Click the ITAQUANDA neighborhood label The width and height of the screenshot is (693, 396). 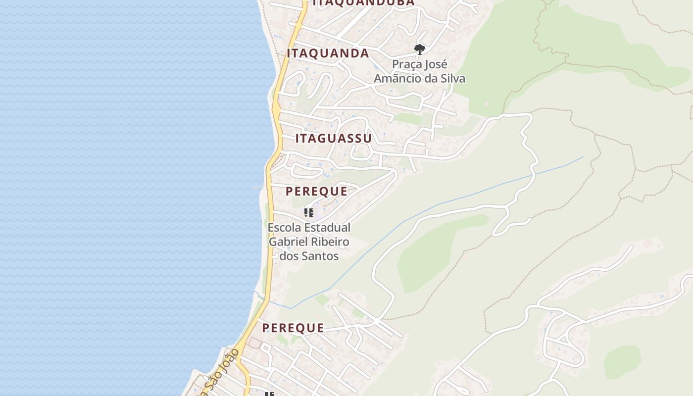tap(328, 53)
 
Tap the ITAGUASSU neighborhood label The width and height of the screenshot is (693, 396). tap(333, 139)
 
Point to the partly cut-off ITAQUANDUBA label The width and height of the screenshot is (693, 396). tap(363, 3)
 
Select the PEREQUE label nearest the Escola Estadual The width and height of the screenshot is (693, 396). tap(316, 192)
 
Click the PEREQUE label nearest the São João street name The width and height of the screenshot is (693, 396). tap(293, 328)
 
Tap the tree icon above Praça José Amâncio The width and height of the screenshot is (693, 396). tap(419, 49)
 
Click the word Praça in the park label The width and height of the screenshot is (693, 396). tap(406, 64)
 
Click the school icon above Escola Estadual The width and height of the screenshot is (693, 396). tap(309, 213)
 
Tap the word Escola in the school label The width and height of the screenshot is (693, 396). tap(284, 228)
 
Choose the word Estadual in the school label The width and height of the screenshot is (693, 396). tap(327, 228)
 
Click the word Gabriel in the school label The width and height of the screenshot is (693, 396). tap(286, 242)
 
